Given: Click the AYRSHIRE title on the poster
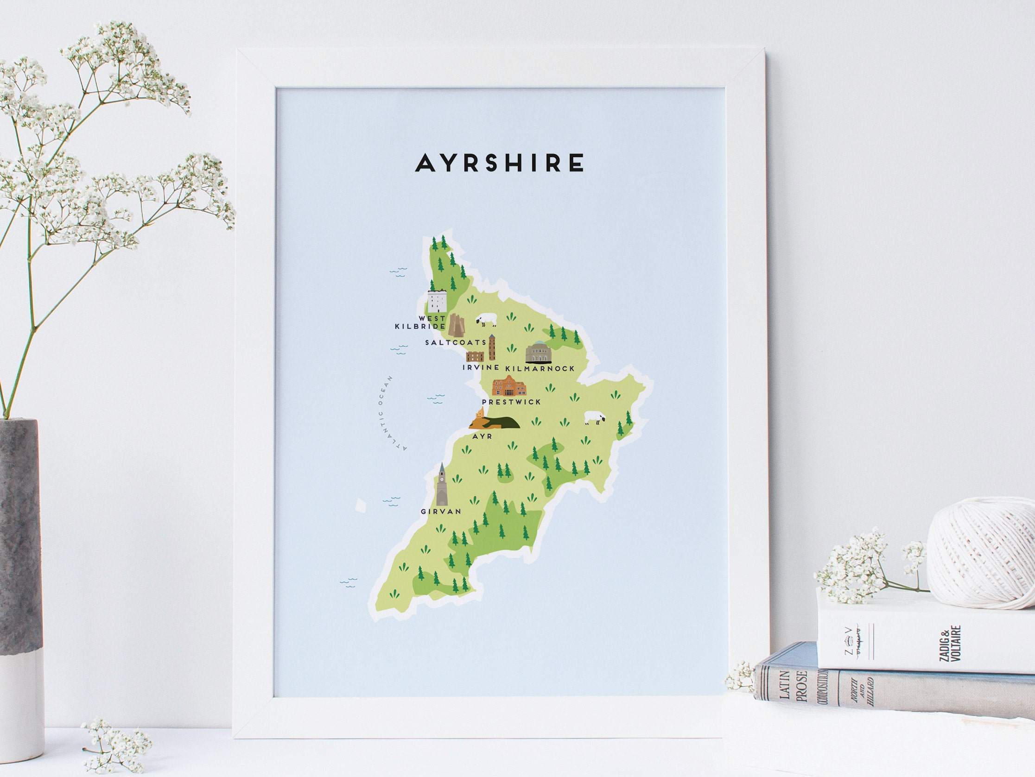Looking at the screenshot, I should pos(499,162).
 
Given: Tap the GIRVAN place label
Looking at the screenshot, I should pos(440,512).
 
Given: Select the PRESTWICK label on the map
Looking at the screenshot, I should pos(511,402).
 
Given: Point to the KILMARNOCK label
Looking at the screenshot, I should pos(540,369).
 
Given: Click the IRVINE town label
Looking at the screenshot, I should pos(481,368).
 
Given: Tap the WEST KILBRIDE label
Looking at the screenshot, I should pos(420,323).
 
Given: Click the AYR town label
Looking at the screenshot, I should pos(483,436).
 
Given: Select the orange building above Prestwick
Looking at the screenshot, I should pos(508,386).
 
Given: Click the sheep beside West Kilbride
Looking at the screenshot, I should pos(486,320).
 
